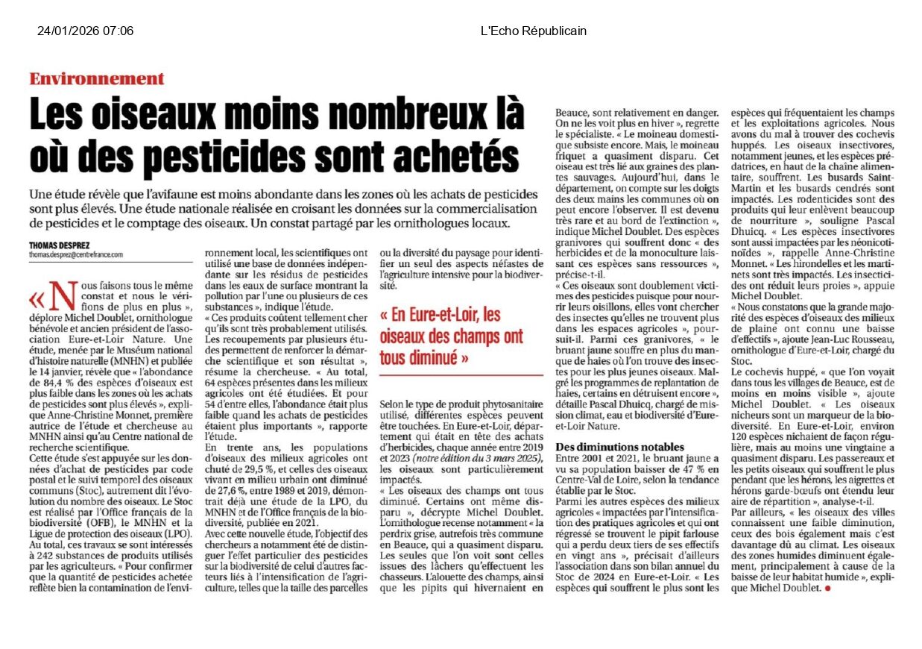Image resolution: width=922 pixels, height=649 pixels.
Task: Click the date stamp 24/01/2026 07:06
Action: click(x=85, y=31)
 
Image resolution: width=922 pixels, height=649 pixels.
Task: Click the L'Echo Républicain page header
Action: click(x=533, y=31)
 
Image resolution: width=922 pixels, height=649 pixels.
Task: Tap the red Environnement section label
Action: click(x=97, y=79)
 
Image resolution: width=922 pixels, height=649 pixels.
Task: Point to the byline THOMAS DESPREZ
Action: click(x=59, y=245)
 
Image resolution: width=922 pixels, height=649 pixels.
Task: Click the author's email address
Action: click(x=75, y=254)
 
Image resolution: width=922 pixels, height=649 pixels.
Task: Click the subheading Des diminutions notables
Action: click(x=619, y=446)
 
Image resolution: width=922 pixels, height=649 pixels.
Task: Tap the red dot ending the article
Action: click(x=827, y=589)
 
